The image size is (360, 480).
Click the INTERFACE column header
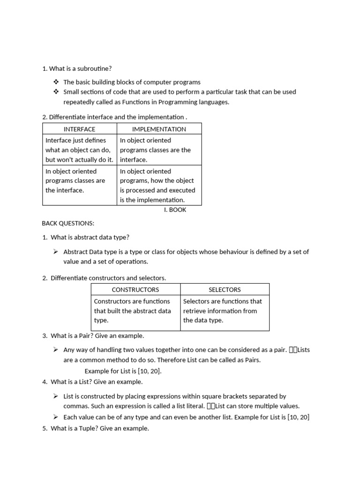point(79,129)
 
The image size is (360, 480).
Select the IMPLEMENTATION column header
point(159,129)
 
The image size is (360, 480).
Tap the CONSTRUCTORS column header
point(135,290)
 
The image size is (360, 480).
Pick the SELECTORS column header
point(225,290)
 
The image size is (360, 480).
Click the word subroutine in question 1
point(95,68)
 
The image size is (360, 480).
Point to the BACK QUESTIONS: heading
point(68,223)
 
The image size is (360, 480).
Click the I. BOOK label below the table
point(175,210)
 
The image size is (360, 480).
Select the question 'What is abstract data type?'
point(90,237)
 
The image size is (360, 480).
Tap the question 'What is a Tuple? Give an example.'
point(99,428)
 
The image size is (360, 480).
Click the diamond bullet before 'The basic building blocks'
point(56,82)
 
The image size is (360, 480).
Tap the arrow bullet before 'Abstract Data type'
point(55,252)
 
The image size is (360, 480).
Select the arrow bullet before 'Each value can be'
point(55,417)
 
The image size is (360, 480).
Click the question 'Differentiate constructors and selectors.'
point(108,278)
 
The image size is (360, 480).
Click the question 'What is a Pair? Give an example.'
point(97,336)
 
